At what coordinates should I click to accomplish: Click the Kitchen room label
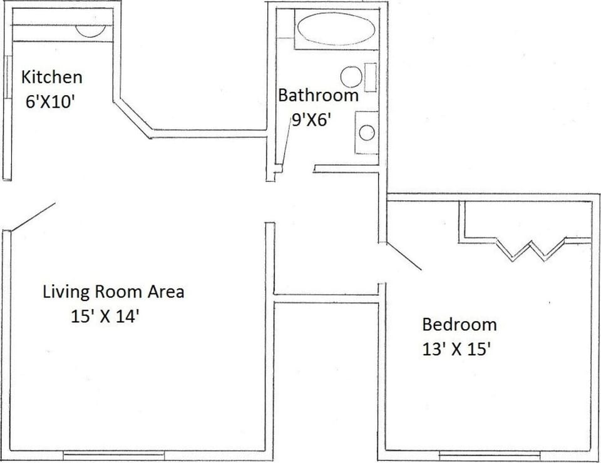(x=51, y=78)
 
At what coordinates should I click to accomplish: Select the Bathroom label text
(x=318, y=96)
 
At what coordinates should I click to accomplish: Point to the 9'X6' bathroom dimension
(x=311, y=120)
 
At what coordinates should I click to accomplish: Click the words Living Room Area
(x=113, y=292)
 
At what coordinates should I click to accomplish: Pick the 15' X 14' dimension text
(x=105, y=316)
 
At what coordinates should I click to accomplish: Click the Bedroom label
(x=460, y=325)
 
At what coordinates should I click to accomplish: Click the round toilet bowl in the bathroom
(x=351, y=77)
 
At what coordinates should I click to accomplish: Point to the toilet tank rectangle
(x=371, y=77)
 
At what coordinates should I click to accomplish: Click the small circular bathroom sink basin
(x=367, y=132)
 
